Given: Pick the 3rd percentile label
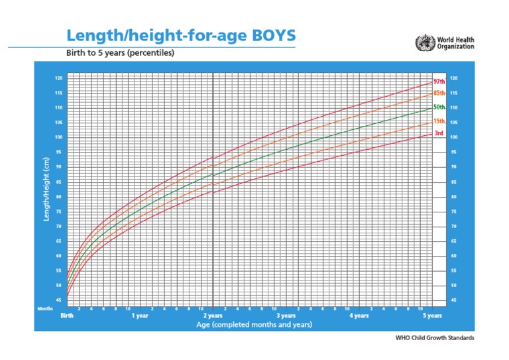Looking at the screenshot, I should (x=438, y=133).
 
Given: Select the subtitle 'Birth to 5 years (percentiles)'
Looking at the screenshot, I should (x=119, y=53).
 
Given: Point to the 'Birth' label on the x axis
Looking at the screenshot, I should (x=67, y=316).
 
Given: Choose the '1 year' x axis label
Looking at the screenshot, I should (x=141, y=316).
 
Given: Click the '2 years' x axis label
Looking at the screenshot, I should (x=213, y=316).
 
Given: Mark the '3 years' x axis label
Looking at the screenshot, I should (x=286, y=316).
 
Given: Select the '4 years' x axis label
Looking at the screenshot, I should (x=359, y=316).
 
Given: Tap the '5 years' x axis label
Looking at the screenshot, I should (x=432, y=316).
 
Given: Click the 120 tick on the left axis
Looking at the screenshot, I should (x=59, y=78).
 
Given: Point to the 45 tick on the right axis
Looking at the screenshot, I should (x=453, y=300).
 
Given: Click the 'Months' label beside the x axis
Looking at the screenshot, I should (x=45, y=308).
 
